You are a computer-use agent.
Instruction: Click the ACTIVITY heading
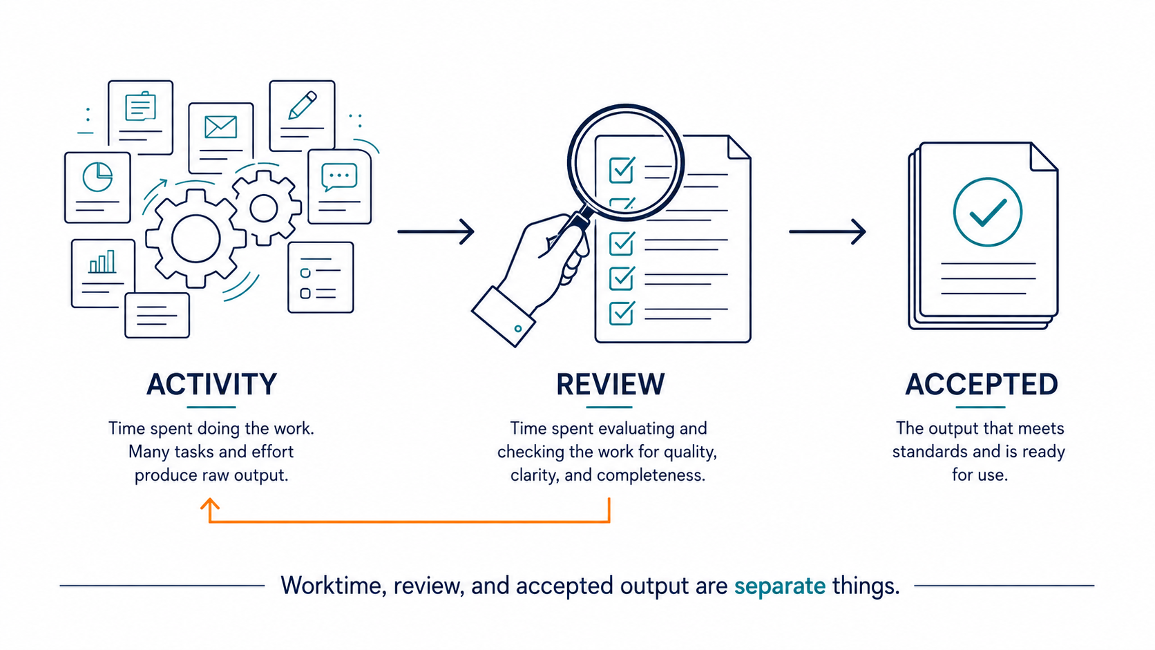[x=211, y=385]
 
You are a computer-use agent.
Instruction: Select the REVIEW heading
[x=611, y=385]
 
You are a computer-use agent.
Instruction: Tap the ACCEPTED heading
[x=982, y=385]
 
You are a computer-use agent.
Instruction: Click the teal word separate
[x=780, y=586]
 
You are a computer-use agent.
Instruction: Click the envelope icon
[x=220, y=127]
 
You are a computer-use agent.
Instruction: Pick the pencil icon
[x=303, y=105]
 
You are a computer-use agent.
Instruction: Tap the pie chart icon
[x=97, y=177]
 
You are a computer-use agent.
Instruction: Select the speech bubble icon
[x=338, y=177]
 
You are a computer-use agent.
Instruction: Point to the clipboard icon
[x=140, y=106]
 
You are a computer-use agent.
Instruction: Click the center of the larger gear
[x=195, y=239]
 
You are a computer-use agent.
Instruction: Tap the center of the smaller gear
[x=264, y=208]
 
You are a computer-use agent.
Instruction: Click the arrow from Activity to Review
[x=436, y=232]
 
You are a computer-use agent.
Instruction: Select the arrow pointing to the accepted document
[x=827, y=232]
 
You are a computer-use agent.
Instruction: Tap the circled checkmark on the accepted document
[x=987, y=212]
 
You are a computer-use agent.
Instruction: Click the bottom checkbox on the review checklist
[x=622, y=312]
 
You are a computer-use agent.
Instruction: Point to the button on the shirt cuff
[x=517, y=328]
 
